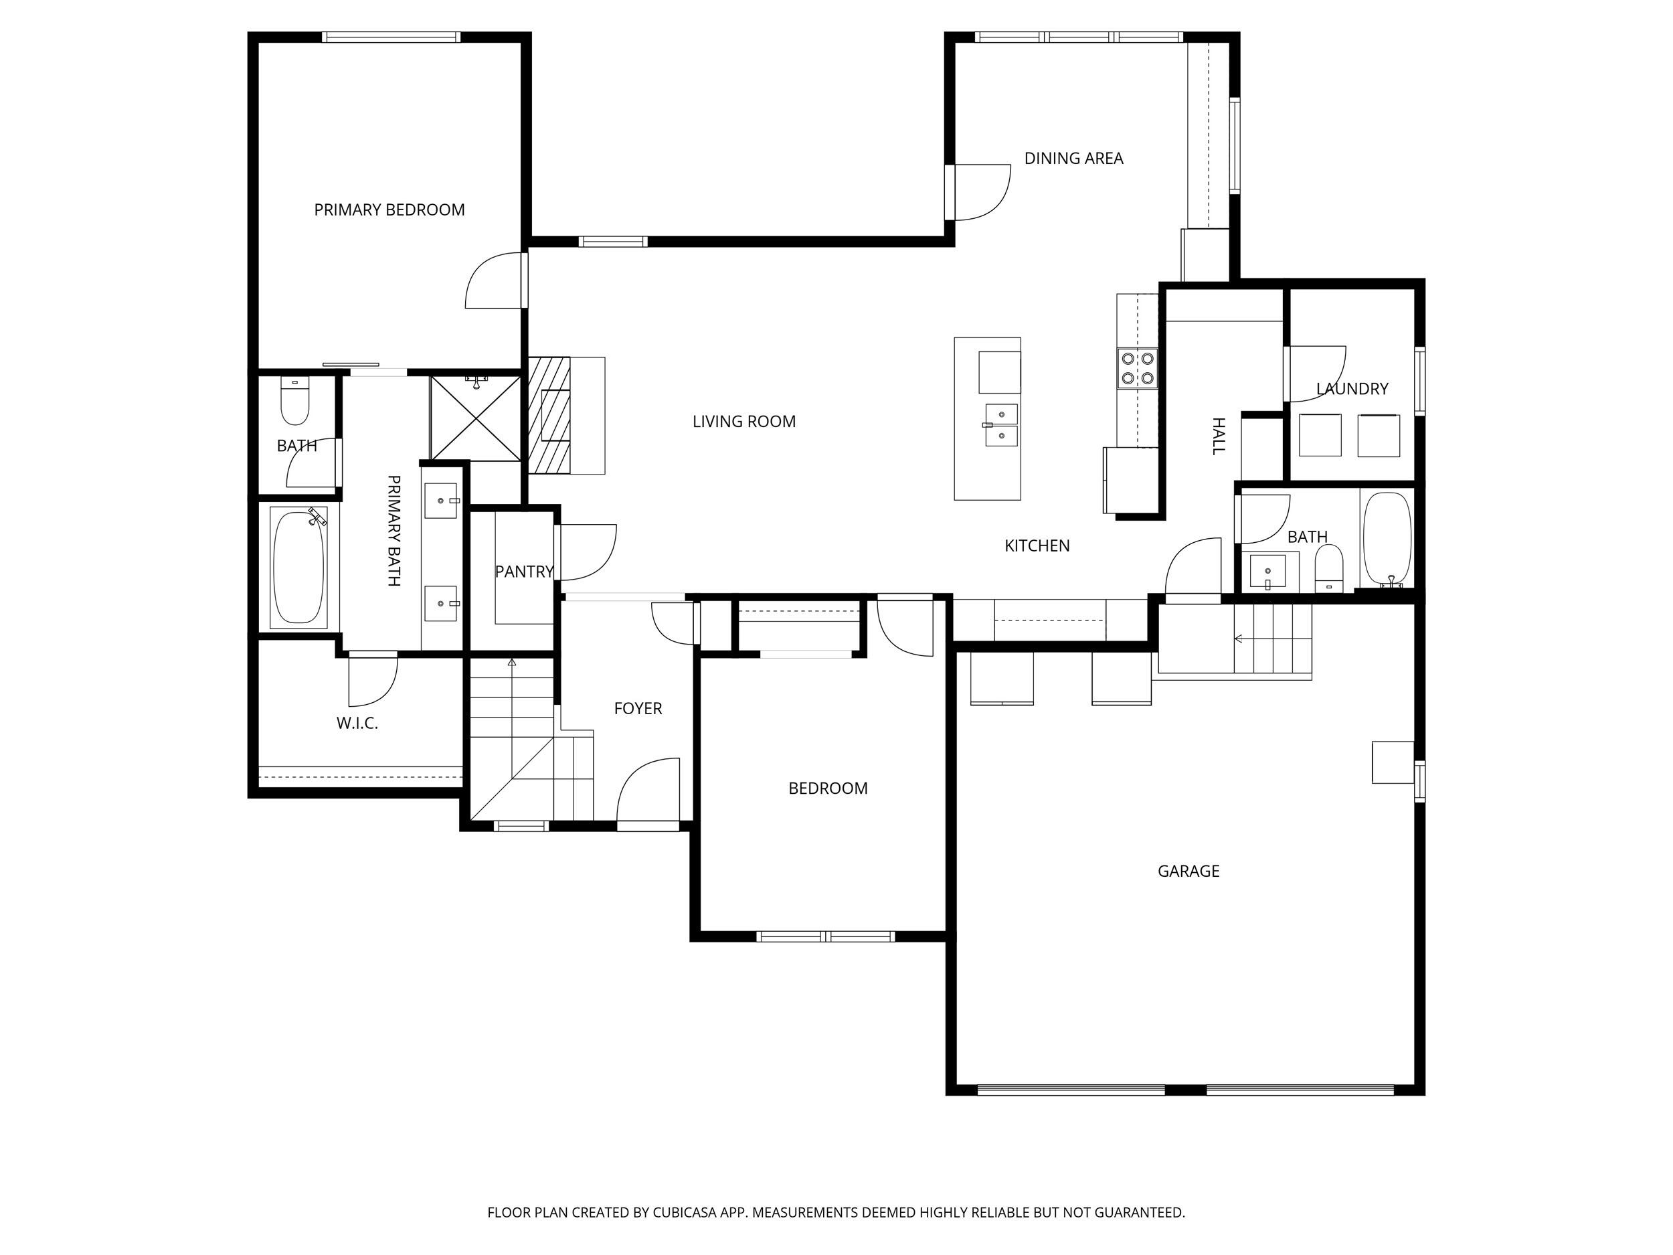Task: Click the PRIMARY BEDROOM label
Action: click(389, 210)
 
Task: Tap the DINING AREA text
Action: click(1073, 158)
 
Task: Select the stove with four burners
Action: click(1138, 368)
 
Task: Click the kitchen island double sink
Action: click(1000, 425)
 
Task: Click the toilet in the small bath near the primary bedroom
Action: click(295, 402)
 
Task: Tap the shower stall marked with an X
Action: click(476, 418)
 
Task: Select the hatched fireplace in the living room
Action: click(549, 415)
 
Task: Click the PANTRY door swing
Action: click(587, 552)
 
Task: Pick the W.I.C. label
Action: click(357, 723)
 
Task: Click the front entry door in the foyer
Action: click(649, 790)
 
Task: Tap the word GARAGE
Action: click(1188, 871)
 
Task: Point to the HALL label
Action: click(1218, 436)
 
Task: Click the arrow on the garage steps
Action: click(1239, 639)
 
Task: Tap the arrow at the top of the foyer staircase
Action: click(512, 663)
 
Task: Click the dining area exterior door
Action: click(981, 192)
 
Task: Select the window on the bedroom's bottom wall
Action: click(825, 936)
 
